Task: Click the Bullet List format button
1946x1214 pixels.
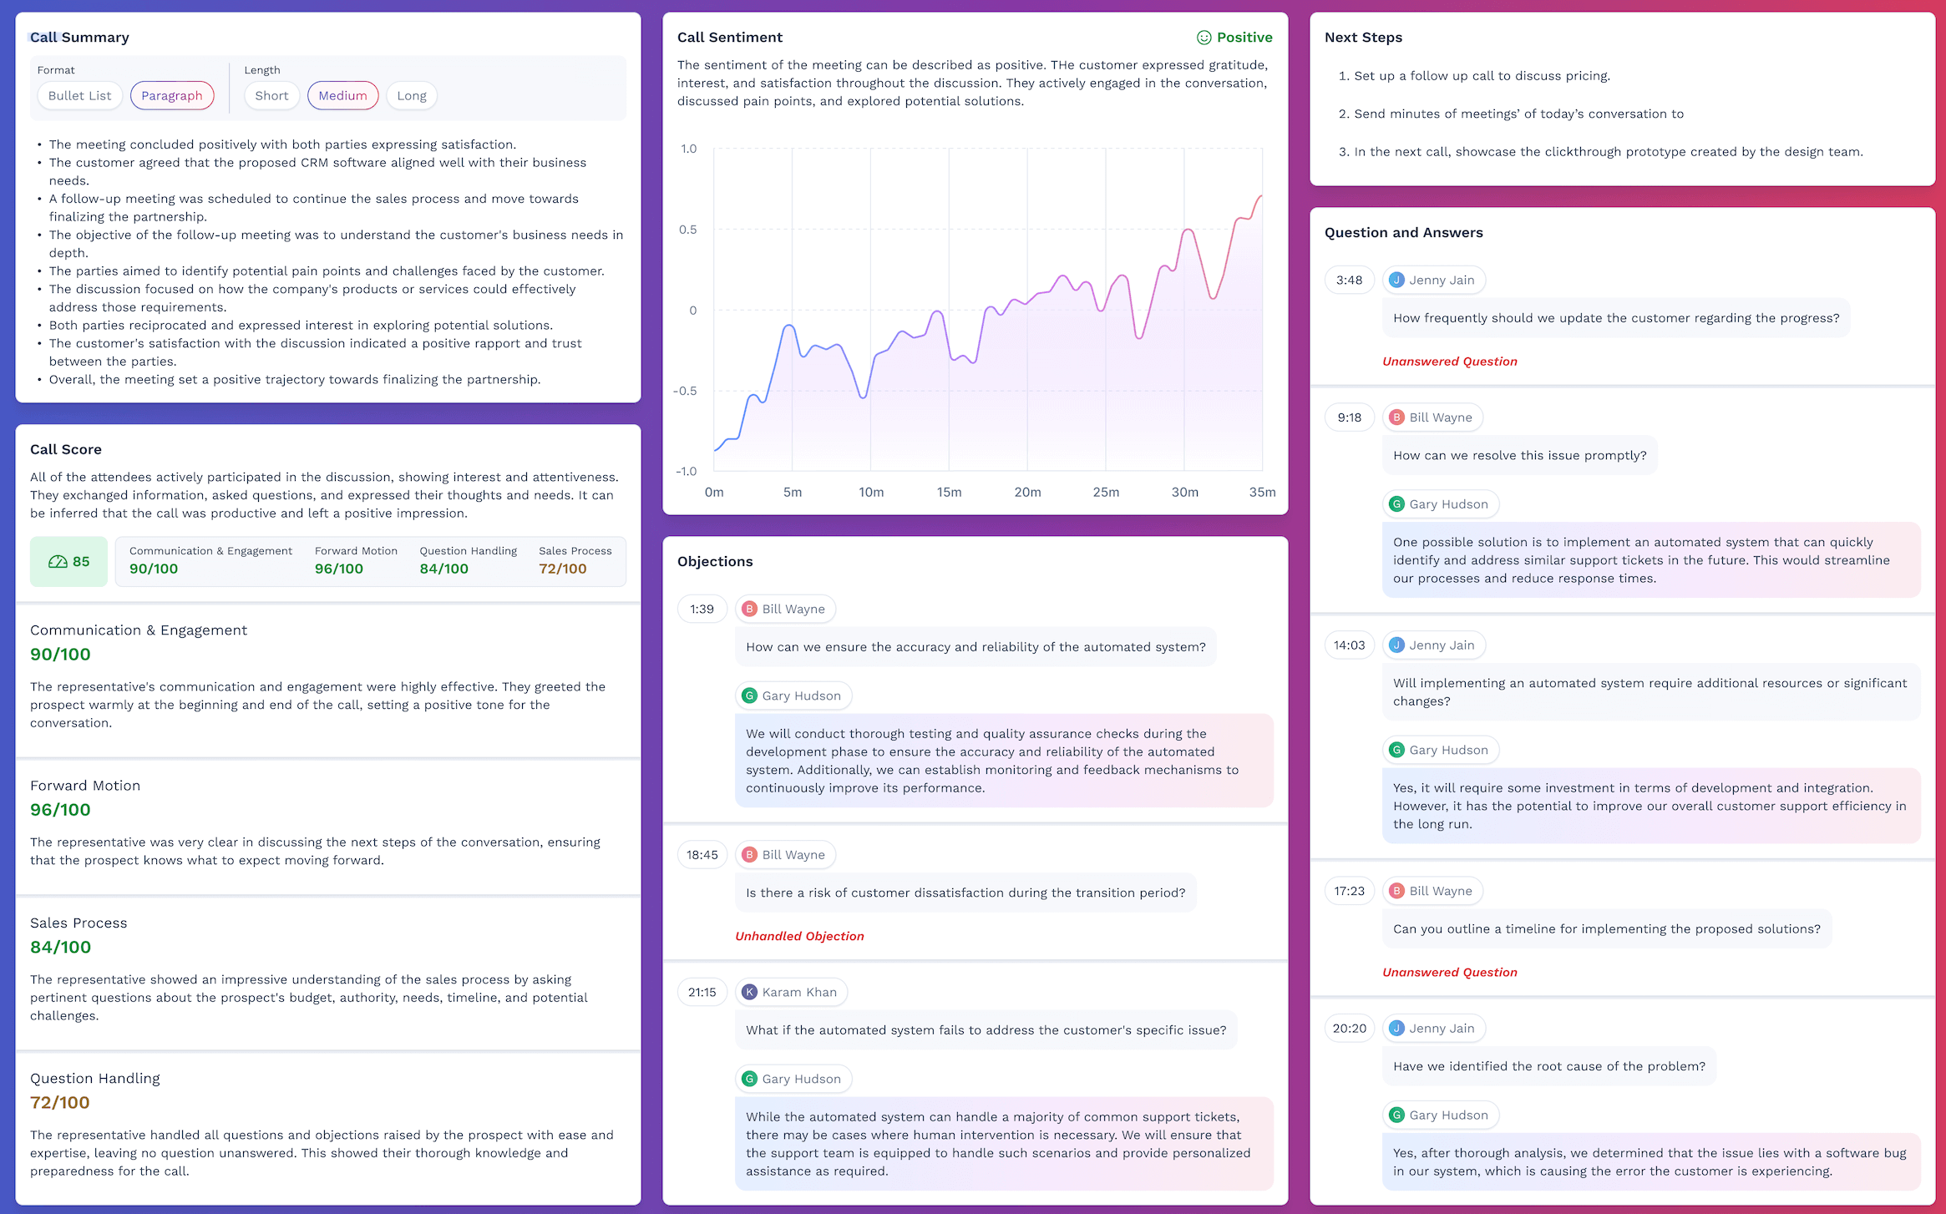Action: click(x=79, y=96)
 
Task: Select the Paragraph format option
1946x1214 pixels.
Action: click(x=172, y=96)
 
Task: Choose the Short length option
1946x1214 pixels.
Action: click(x=271, y=96)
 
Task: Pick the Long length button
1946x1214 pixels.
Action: click(x=412, y=96)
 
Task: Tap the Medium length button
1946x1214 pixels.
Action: click(x=342, y=96)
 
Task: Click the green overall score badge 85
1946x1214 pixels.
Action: click(x=69, y=562)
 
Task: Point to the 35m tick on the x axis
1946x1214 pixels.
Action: click(x=1262, y=493)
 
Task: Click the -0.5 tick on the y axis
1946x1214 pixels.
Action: click(x=685, y=391)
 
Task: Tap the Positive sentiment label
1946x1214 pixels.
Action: click(x=1235, y=38)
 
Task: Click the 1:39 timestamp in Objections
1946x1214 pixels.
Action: click(x=702, y=610)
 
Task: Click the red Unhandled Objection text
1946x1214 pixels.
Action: click(x=799, y=937)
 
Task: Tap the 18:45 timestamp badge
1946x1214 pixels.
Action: click(x=702, y=855)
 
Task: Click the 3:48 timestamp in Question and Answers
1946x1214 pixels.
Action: click(x=1349, y=281)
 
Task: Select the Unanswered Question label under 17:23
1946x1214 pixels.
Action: click(x=1449, y=973)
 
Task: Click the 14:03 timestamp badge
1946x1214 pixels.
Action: click(x=1349, y=645)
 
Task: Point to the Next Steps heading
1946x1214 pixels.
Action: click(x=1363, y=38)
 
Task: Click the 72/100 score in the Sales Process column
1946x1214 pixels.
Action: click(x=562, y=569)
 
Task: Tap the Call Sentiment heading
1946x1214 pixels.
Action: click(x=729, y=38)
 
